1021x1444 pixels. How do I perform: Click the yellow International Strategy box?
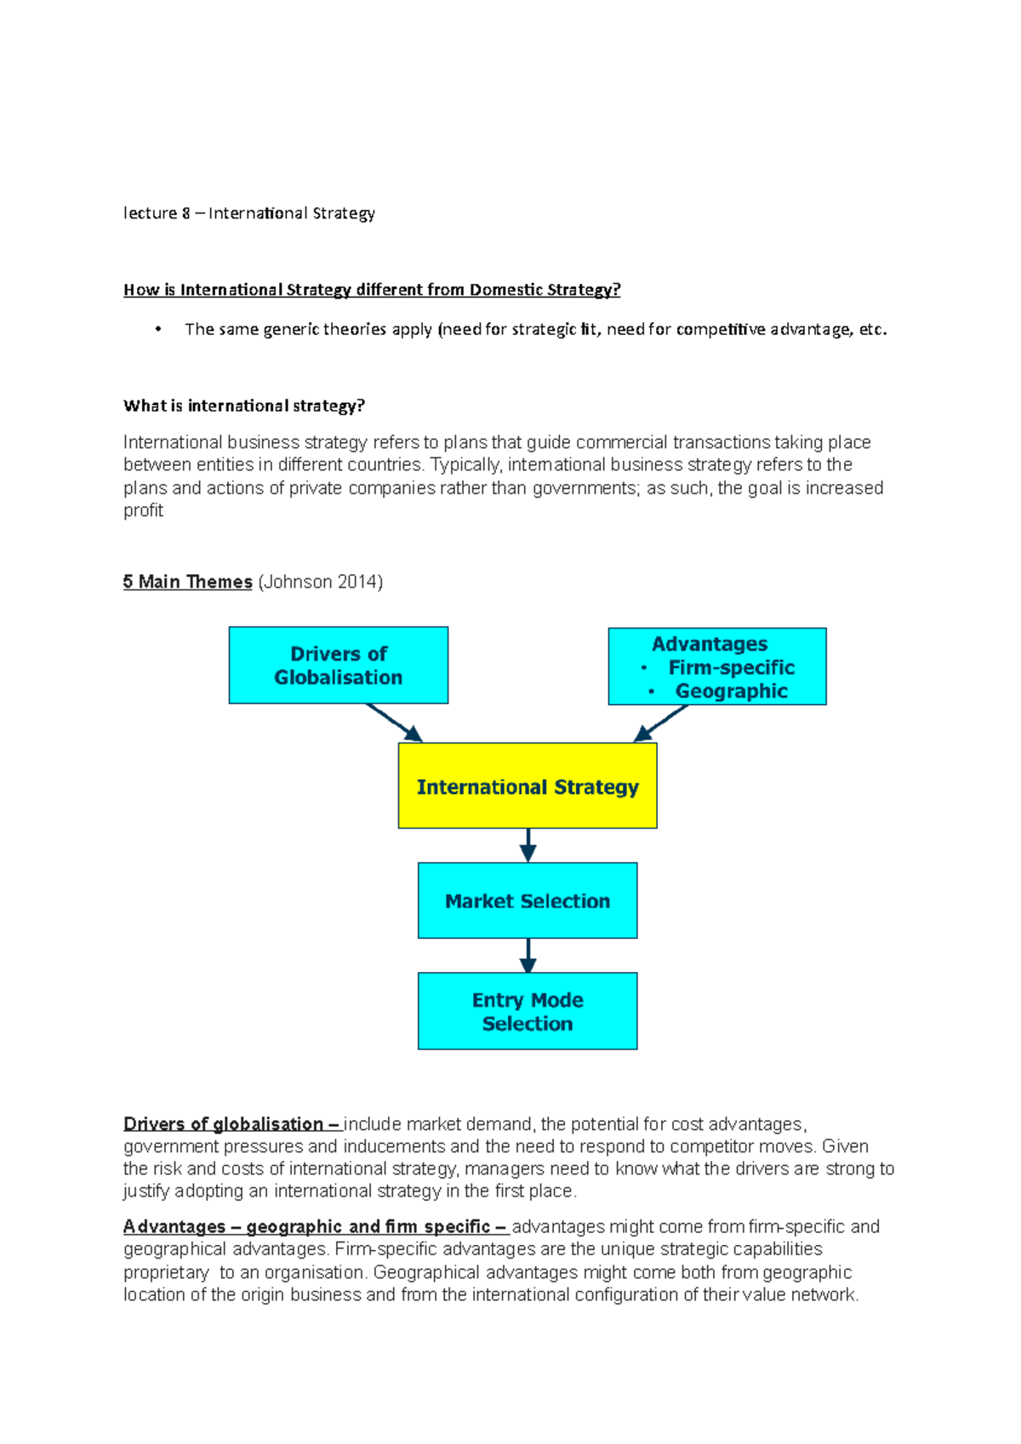pyautogui.click(x=528, y=786)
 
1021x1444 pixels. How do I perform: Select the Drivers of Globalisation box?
pyautogui.click(x=338, y=665)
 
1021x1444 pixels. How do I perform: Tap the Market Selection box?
pyautogui.click(x=528, y=901)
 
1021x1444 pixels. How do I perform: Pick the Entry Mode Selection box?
pyautogui.click(x=528, y=1011)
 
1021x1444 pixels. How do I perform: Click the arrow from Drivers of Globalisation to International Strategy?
pyautogui.click(x=394, y=723)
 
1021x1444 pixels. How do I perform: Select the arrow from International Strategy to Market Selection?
pyautogui.click(x=528, y=845)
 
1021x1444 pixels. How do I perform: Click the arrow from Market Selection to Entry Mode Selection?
pyautogui.click(x=528, y=955)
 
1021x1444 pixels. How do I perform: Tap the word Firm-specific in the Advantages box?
pyautogui.click(x=731, y=668)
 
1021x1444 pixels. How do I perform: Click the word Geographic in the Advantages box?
pyautogui.click(x=731, y=691)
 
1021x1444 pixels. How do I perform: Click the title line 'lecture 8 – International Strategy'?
pyautogui.click(x=248, y=213)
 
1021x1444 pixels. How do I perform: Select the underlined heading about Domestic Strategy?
pyautogui.click(x=372, y=290)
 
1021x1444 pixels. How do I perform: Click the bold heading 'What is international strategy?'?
pyautogui.click(x=243, y=406)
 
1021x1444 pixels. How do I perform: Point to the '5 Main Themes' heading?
pyautogui.click(x=187, y=582)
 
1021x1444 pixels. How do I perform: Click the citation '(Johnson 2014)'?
pyautogui.click(x=320, y=582)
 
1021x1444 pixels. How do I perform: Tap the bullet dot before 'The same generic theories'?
pyautogui.click(x=158, y=329)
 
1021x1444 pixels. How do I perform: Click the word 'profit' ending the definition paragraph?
pyautogui.click(x=143, y=510)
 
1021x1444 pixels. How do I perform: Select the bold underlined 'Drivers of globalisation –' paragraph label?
pyautogui.click(x=231, y=1124)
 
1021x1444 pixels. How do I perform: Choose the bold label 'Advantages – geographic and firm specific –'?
pyautogui.click(x=316, y=1226)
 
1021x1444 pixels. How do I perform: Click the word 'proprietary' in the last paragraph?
pyautogui.click(x=166, y=1272)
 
